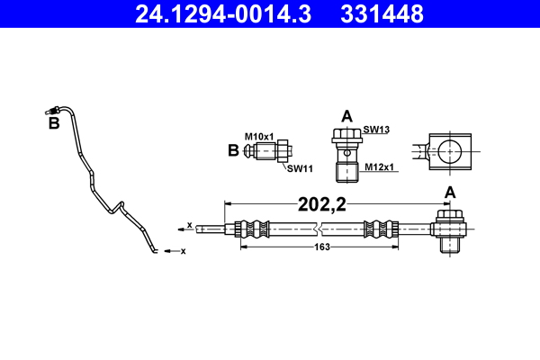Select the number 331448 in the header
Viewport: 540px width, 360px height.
[x=383, y=13]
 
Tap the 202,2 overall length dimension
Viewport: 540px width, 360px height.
[x=322, y=203]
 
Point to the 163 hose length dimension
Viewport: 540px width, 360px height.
[x=322, y=246]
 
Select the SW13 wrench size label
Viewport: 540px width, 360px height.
[x=375, y=130]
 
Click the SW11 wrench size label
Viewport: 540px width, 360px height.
[x=299, y=167]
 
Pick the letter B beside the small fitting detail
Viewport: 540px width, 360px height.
[x=234, y=150]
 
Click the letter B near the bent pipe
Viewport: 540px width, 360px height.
[x=53, y=124]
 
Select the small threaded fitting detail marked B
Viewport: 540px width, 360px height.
[x=268, y=150]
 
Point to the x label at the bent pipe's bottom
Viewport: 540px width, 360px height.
[x=183, y=250]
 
